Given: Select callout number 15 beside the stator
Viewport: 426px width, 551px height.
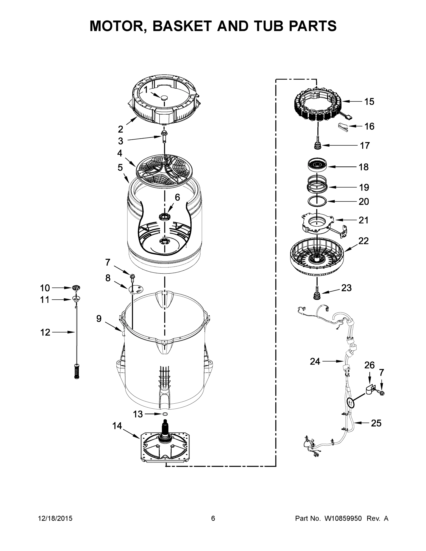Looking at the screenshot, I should pyautogui.click(x=369, y=102).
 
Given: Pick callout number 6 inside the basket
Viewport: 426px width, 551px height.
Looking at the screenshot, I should pyautogui.click(x=178, y=197).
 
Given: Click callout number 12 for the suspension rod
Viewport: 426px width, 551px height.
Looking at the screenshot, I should pyautogui.click(x=45, y=332).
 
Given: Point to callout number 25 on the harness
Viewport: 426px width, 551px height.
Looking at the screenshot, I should pyautogui.click(x=376, y=423).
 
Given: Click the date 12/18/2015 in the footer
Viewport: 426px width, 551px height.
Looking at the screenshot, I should pyautogui.click(x=55, y=518).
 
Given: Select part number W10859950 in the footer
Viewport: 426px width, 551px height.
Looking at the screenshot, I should pyautogui.click(x=343, y=518).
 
